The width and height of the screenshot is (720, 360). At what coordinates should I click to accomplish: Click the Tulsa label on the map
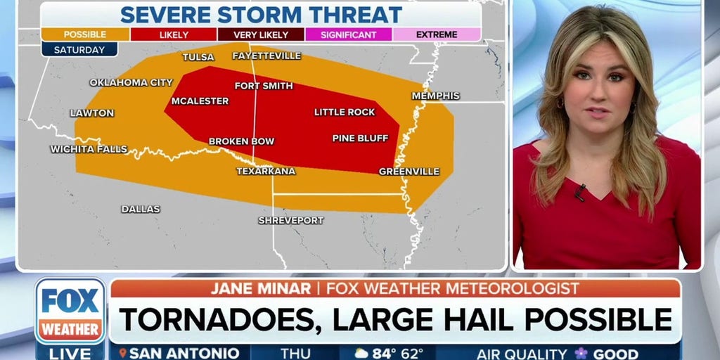(x=198, y=57)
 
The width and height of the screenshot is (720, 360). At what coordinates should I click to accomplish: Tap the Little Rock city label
(x=345, y=112)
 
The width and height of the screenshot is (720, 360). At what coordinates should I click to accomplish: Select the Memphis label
(x=435, y=96)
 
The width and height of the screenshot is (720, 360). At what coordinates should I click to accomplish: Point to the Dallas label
(x=141, y=209)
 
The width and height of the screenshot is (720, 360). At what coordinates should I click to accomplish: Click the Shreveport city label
(x=291, y=220)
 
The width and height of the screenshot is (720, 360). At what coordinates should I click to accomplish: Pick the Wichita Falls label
(x=89, y=149)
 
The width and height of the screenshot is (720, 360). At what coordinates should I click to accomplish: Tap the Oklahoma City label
(x=131, y=82)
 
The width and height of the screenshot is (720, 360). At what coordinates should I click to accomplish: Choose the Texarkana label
(x=266, y=171)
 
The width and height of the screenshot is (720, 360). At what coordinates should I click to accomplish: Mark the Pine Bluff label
(x=360, y=138)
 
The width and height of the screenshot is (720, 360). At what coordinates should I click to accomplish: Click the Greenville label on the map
(x=409, y=171)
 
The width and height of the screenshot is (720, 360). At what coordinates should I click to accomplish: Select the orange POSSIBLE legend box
(x=85, y=34)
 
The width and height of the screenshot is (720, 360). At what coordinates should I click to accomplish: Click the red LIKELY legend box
(x=173, y=34)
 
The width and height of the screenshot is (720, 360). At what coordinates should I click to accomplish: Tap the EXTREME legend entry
(x=437, y=34)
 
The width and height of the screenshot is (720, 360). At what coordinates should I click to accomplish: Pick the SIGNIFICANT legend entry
(x=349, y=34)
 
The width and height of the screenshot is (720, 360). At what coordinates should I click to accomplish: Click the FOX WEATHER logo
(x=70, y=310)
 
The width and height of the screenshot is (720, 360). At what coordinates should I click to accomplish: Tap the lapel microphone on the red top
(x=579, y=191)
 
